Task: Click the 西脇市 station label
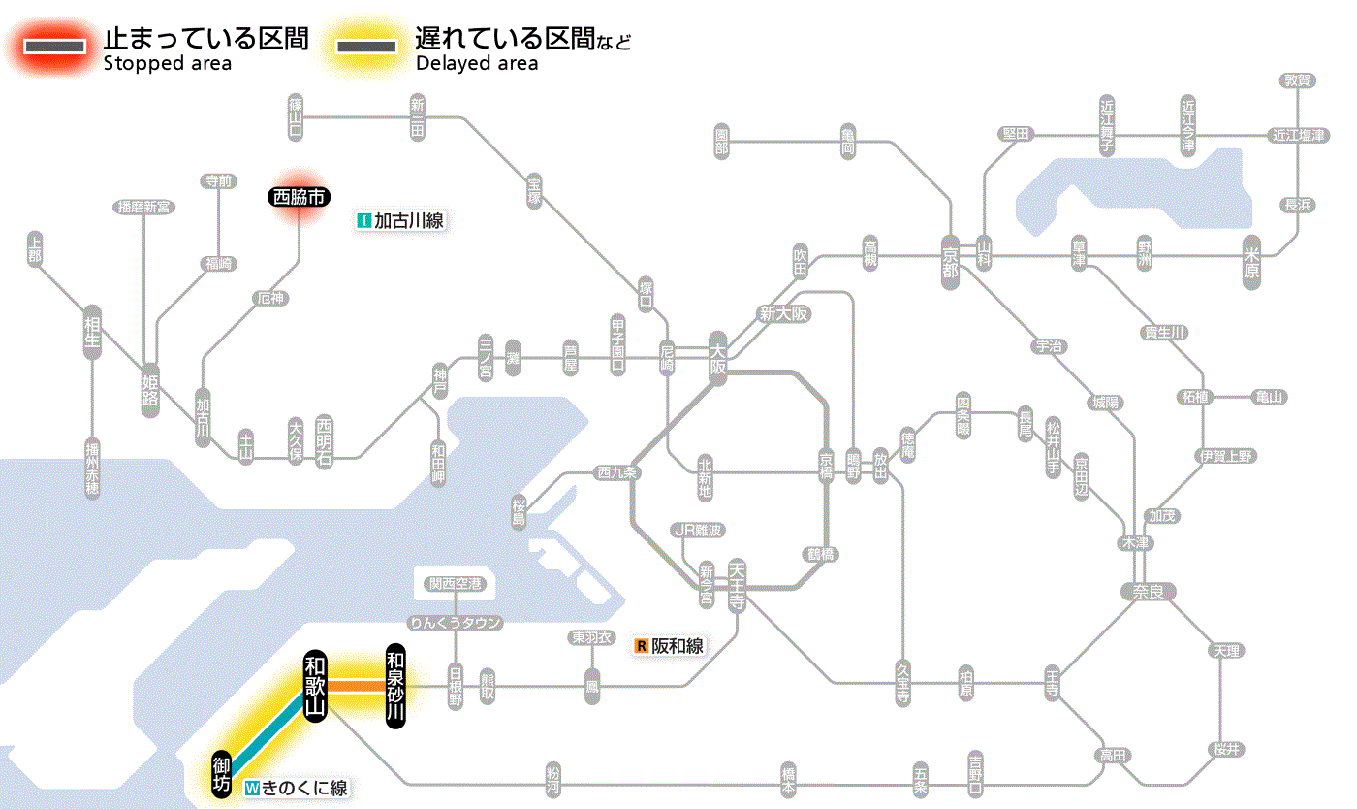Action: (299, 197)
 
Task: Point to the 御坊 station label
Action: (222, 773)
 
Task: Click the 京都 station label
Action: (950, 257)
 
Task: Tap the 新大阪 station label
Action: (783, 313)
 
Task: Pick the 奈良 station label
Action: (1148, 591)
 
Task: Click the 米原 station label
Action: (1251, 262)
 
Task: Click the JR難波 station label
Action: (699, 530)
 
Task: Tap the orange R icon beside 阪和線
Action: (641, 646)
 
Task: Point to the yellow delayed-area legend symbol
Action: (366, 46)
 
